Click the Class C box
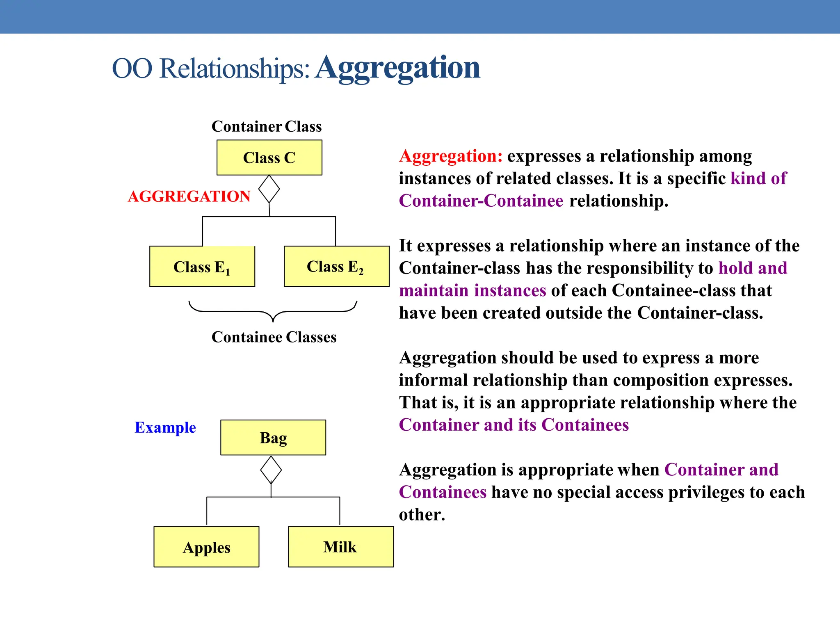pos(269,157)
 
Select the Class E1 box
pos(202,267)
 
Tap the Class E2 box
pos(336,267)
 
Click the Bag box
pos(273,438)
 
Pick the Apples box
pos(206,547)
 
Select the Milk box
pos(340,547)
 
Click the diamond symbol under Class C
pos(269,189)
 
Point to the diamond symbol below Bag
pos(271,470)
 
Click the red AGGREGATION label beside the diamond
pos(189,196)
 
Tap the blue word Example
pos(165,427)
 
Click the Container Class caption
pos(267,126)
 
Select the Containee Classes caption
pos(274,337)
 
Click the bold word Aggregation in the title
pos(398,68)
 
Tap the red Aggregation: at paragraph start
pos(451,156)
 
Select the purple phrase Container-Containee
pos(481,201)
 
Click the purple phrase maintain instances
pos(472,290)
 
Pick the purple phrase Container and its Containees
pos(514,425)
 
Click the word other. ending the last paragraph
pos(422,515)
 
